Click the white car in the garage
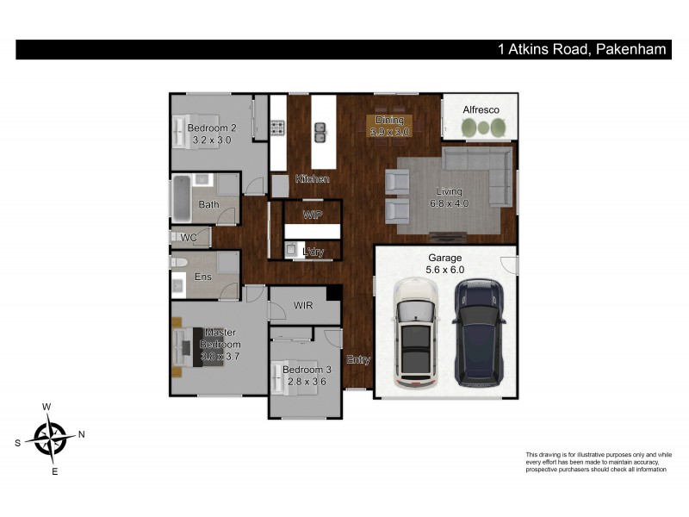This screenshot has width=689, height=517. (x=415, y=333)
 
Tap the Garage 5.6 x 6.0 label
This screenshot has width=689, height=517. (x=445, y=264)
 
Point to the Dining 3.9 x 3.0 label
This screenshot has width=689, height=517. (x=389, y=126)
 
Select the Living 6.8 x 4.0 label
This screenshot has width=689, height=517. (x=449, y=197)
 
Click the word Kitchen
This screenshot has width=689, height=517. (x=313, y=178)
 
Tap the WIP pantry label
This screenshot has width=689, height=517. (x=312, y=213)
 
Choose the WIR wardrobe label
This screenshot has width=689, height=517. (x=303, y=305)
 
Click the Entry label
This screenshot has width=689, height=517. (x=358, y=359)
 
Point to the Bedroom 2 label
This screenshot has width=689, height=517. (x=212, y=134)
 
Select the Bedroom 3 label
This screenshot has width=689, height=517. (x=306, y=376)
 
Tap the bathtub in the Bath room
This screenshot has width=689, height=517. (x=182, y=197)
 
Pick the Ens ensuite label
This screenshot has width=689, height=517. (x=203, y=277)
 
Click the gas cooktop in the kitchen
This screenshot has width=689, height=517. (x=278, y=129)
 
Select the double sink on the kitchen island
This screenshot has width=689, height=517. (x=321, y=132)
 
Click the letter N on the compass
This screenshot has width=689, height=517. (x=81, y=434)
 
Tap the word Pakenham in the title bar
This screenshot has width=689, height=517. (x=630, y=49)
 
